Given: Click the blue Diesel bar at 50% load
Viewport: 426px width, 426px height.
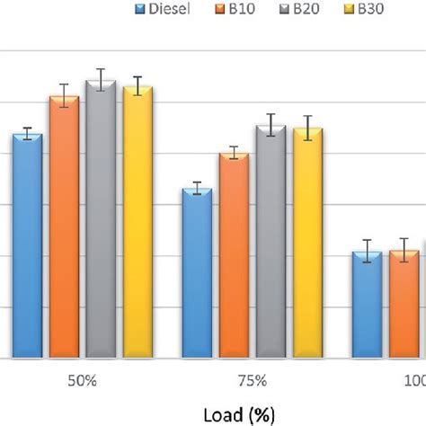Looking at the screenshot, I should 27,247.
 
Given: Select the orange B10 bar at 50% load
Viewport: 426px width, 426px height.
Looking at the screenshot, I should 64,229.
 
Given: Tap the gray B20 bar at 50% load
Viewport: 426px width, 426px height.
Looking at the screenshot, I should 101,220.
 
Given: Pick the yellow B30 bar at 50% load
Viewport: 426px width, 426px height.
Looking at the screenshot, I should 138,225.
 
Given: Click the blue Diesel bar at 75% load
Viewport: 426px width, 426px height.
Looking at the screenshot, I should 197,274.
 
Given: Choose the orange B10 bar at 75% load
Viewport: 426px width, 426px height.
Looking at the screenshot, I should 234,256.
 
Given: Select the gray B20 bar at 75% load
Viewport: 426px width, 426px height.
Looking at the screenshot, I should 270,243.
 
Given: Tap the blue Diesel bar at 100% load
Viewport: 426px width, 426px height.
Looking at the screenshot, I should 367,306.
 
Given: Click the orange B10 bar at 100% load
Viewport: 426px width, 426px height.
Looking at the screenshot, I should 404,306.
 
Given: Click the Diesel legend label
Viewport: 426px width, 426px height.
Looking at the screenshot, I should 169,10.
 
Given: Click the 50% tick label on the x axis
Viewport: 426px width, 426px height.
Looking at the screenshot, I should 82,381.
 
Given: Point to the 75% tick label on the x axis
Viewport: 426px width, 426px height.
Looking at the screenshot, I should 253,381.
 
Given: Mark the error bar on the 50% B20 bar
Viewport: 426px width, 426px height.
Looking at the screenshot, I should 101,80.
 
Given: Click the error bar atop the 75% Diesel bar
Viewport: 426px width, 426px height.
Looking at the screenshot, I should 197,188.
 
